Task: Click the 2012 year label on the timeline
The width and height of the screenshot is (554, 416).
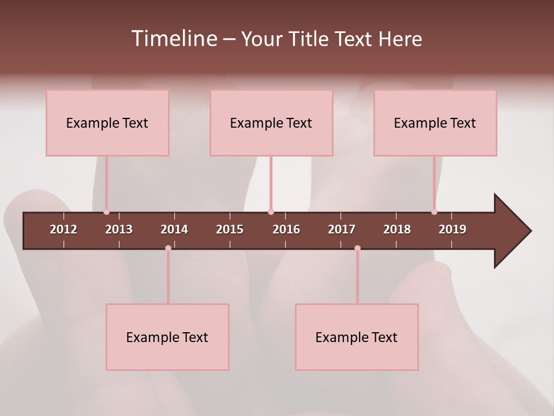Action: tap(63, 229)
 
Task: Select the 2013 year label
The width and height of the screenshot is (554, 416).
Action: tap(119, 229)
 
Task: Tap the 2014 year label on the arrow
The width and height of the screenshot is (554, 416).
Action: tap(174, 229)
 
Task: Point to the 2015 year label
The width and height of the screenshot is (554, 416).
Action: tap(230, 229)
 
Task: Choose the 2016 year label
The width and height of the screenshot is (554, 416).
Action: tap(286, 229)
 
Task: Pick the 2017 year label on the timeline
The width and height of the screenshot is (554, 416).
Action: tap(342, 229)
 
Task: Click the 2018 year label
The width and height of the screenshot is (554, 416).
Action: tap(397, 229)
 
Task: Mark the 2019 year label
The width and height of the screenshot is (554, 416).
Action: tap(452, 229)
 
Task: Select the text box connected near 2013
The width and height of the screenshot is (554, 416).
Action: tap(107, 122)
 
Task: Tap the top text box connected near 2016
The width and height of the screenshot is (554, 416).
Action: tap(271, 122)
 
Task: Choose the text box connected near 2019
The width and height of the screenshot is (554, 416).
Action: tap(435, 122)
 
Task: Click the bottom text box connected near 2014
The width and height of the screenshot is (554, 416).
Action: tap(167, 337)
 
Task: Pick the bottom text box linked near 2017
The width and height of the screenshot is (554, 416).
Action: tap(357, 337)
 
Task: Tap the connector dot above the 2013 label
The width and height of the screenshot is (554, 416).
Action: tap(107, 212)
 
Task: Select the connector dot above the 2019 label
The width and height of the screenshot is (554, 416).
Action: tap(435, 212)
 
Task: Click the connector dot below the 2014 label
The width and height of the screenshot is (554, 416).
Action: tap(168, 248)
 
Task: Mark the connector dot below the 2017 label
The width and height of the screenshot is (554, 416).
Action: tap(357, 248)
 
